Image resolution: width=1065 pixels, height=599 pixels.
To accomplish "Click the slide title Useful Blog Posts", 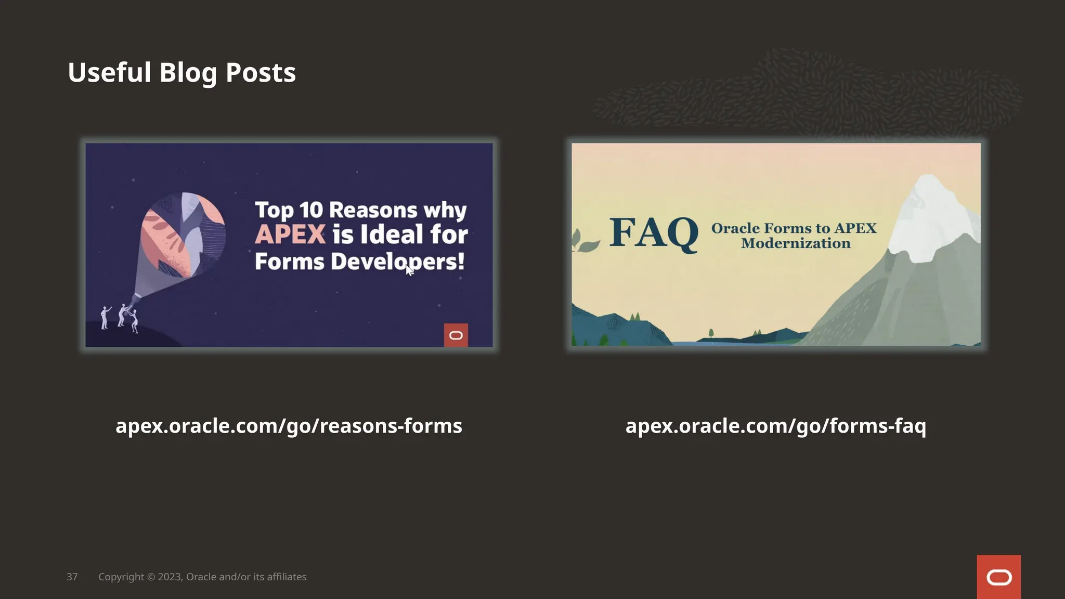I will click(x=181, y=72).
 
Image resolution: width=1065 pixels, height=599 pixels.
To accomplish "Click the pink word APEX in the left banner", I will click(x=290, y=234).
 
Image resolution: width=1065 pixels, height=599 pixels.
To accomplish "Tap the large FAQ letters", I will click(x=654, y=233).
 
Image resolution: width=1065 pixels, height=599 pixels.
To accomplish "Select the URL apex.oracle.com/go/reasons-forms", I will click(x=289, y=426).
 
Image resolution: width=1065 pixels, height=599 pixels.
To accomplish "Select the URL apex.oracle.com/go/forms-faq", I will click(x=775, y=426).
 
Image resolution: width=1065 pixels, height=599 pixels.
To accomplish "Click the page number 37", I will click(x=72, y=577).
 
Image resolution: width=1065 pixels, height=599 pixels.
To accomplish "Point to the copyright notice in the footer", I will click(x=202, y=577).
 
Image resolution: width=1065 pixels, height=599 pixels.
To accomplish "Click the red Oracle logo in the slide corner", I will click(x=998, y=577).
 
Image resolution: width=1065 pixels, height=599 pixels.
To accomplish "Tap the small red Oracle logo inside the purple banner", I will click(x=456, y=335).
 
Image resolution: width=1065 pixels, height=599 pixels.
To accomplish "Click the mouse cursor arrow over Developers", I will click(x=409, y=270).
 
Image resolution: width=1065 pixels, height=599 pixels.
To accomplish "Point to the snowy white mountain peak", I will click(x=931, y=213).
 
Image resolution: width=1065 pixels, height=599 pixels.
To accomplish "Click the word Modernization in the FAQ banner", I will click(x=796, y=243).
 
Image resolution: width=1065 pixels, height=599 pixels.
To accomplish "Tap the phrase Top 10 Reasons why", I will click(x=360, y=210).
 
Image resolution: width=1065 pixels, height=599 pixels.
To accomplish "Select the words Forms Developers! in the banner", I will click(x=359, y=262).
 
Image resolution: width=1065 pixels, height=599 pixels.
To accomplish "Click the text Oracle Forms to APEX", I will click(x=794, y=228).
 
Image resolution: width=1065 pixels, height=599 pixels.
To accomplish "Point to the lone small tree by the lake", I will click(x=711, y=333).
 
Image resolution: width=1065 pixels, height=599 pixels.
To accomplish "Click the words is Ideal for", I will click(x=400, y=234).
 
